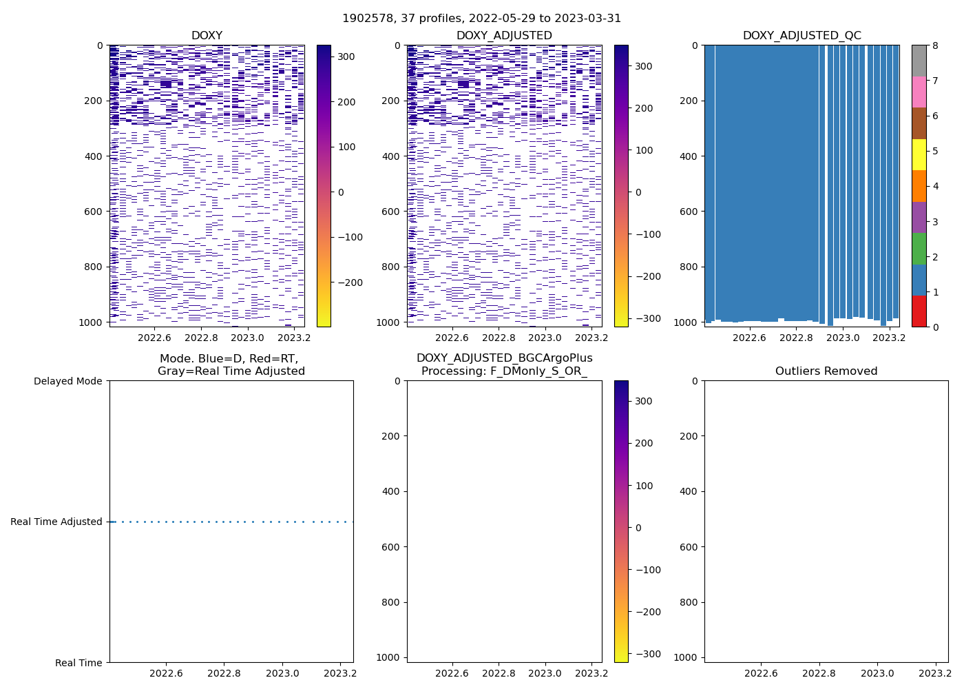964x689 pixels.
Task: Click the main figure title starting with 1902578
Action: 481,19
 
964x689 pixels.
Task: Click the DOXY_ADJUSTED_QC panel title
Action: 801,36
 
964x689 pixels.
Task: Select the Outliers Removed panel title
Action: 826,371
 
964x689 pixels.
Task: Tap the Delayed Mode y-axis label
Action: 67,381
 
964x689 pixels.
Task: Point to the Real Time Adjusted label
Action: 56,522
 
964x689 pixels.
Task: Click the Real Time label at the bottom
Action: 78,663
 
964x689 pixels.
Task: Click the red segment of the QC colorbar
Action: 919,311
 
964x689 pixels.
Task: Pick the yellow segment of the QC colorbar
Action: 919,154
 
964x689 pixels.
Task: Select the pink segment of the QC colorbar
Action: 919,92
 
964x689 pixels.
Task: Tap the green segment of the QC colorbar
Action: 919,248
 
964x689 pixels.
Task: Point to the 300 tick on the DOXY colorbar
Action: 346,56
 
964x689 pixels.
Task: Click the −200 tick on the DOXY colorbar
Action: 349,282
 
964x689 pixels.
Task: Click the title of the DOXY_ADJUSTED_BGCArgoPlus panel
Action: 504,364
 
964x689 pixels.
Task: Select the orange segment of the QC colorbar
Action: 919,185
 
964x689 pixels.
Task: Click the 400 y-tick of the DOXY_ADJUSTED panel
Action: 392,156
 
